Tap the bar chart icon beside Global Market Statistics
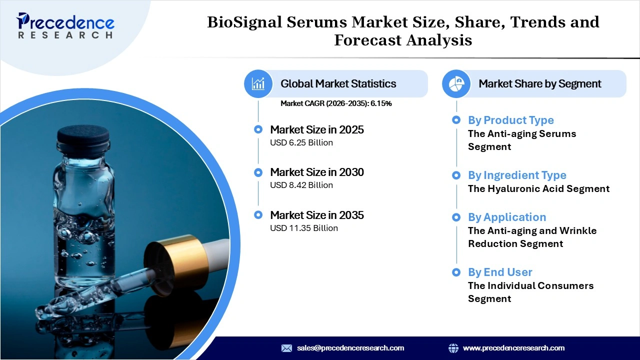[258, 83]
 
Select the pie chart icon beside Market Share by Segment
[456, 83]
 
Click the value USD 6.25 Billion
[301, 142]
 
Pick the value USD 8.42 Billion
[301, 185]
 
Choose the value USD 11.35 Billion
[303, 228]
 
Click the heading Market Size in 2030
[316, 172]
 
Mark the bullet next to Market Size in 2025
[258, 129]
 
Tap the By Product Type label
[510, 120]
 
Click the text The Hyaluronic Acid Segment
[538, 188]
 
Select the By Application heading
[506, 217]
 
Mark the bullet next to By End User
[456, 272]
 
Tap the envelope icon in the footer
[286, 348]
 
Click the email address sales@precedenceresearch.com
[350, 348]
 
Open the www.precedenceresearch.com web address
[513, 348]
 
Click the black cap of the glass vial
[83, 135]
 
